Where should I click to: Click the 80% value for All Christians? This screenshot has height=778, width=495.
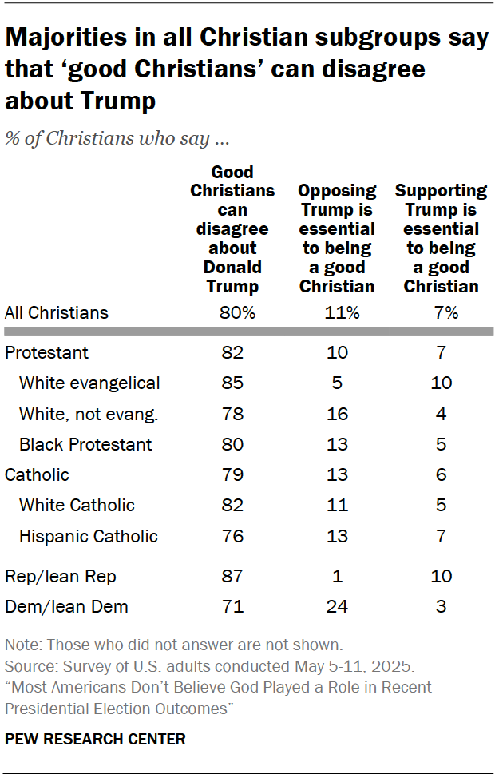point(237,313)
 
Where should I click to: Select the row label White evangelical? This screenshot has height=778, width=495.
point(89,383)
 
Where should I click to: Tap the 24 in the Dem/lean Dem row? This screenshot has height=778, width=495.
point(337,606)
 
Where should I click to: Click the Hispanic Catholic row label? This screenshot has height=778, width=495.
point(88,536)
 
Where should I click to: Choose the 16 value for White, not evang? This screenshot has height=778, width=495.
point(337,413)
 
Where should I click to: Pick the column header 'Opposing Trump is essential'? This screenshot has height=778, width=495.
point(337,238)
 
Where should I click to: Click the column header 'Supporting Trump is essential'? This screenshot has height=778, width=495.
point(442,238)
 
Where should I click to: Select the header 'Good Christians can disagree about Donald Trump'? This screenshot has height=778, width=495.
point(232,228)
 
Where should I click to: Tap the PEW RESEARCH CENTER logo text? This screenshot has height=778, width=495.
point(95,739)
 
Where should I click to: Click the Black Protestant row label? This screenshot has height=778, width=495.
point(85,444)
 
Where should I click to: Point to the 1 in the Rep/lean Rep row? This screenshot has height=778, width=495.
point(337,576)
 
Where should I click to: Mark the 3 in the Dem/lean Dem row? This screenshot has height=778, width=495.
point(442,606)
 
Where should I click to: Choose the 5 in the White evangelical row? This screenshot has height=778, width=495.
point(337,383)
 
